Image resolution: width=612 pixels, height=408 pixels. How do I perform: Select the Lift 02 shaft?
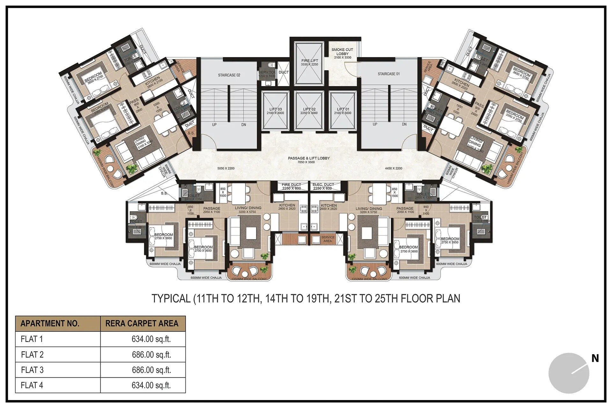(309, 111)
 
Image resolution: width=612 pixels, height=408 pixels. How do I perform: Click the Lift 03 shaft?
(275, 111)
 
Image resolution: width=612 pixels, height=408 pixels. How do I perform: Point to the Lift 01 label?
(343, 109)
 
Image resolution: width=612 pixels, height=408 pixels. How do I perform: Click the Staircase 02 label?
(229, 75)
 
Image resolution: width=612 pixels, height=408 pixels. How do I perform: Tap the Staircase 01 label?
(389, 74)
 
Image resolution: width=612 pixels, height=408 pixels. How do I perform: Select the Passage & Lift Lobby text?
(309, 158)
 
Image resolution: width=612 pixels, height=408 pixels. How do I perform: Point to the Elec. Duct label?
(323, 185)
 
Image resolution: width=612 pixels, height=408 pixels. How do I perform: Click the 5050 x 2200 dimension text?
(226, 168)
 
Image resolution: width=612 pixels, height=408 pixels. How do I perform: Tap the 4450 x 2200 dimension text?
(393, 168)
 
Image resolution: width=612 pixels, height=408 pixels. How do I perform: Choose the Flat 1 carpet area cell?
(151, 339)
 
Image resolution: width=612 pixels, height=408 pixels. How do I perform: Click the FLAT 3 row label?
(32, 370)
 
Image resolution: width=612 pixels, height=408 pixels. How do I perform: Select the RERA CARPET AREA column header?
(142, 324)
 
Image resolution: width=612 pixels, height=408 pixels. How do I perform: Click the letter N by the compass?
(595, 359)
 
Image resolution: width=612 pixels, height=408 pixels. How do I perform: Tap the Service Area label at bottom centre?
(328, 239)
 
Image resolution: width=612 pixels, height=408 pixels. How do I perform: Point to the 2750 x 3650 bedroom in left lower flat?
(203, 249)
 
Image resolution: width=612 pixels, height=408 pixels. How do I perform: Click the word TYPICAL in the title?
(171, 299)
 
